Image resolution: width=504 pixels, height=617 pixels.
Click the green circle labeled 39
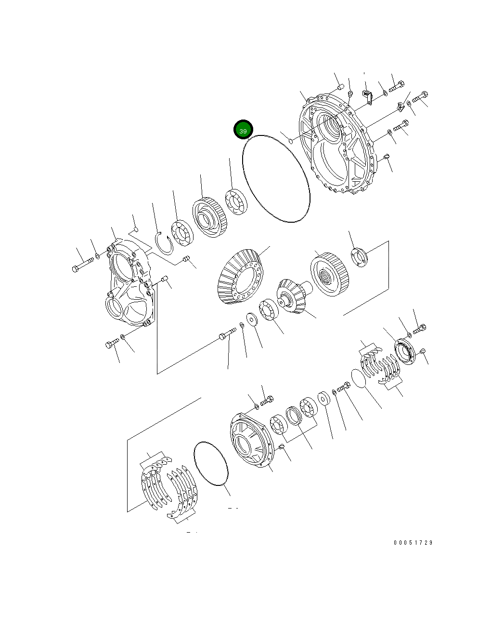[x=243, y=130]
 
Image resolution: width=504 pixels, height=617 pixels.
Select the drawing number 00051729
[x=413, y=543]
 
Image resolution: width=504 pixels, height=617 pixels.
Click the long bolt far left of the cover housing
[x=83, y=265]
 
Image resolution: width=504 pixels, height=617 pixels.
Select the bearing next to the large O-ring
[x=236, y=202]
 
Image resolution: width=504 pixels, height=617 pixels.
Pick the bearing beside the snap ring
[x=181, y=233]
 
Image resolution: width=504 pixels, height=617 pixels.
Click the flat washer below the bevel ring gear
[x=251, y=319]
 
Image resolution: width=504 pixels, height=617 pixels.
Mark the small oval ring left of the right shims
[x=358, y=378]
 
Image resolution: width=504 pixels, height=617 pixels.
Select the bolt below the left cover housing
[x=112, y=344]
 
